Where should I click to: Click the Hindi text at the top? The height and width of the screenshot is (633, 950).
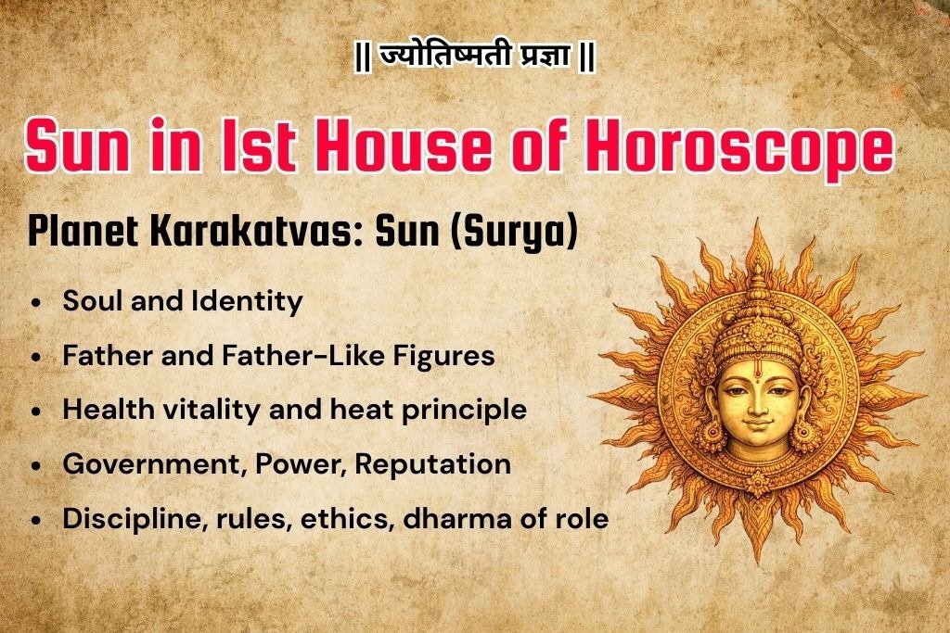[x=475, y=58]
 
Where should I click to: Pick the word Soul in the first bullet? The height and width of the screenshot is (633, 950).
[x=91, y=301]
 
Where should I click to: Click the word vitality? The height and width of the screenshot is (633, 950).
[x=192, y=410]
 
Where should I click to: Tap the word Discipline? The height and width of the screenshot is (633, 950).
[x=125, y=518]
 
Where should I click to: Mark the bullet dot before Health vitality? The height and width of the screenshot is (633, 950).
[x=35, y=411]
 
